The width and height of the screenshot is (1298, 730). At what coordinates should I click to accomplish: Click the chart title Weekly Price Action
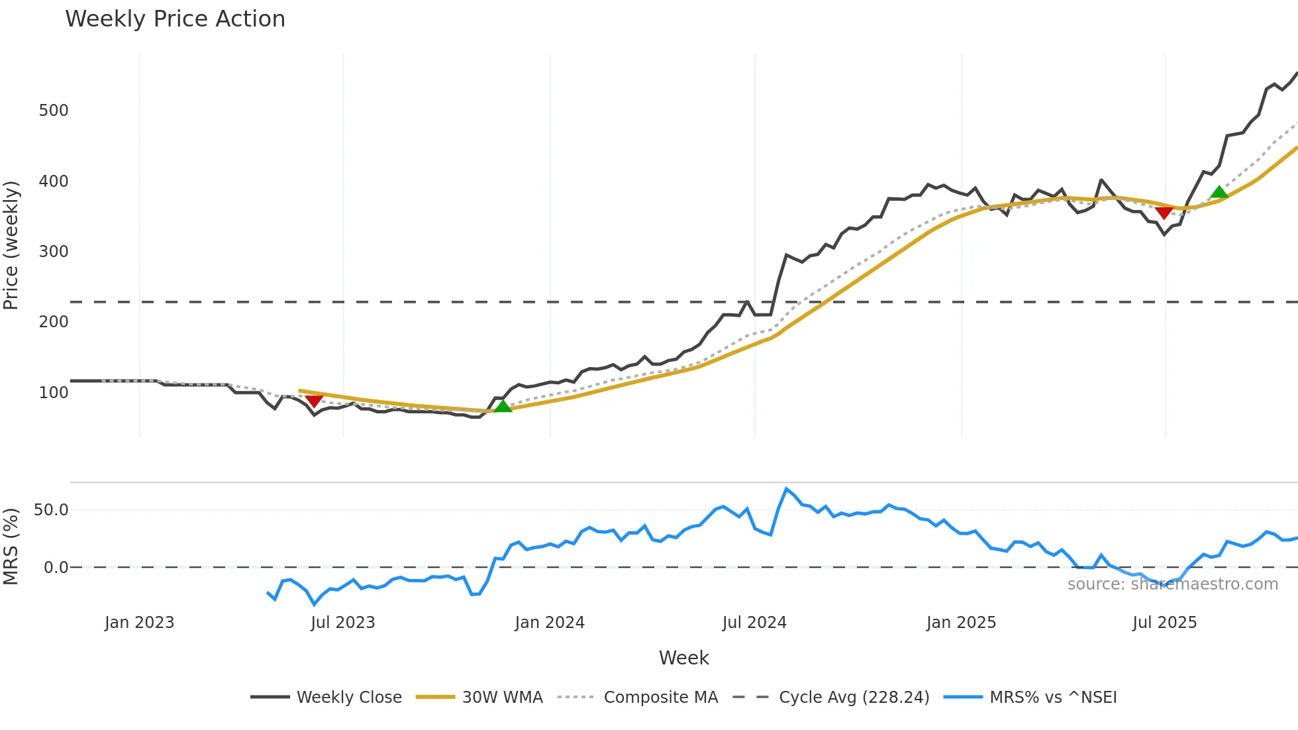point(175,19)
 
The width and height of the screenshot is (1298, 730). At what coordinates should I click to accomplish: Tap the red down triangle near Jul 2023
point(314,401)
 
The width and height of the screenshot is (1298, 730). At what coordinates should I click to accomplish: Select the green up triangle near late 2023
point(503,406)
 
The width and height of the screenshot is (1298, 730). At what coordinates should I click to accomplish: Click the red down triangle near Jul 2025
point(1164,212)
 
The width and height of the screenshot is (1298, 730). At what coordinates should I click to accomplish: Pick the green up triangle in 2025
point(1219,193)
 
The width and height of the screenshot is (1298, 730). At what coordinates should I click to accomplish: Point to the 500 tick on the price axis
point(54,111)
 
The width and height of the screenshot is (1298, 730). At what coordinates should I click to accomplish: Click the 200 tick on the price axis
point(54,322)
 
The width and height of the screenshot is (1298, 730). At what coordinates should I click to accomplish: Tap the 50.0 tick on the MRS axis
point(51,510)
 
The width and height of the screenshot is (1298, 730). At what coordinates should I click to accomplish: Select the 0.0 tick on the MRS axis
point(56,568)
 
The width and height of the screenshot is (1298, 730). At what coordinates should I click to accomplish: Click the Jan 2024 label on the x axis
point(550,623)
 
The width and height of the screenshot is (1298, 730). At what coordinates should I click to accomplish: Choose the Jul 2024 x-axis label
point(754,623)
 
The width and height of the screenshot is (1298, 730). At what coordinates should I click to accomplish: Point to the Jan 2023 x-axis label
point(139,623)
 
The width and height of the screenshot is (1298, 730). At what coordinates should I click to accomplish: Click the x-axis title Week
point(683,658)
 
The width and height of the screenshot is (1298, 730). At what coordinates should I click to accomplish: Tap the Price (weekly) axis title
point(11,245)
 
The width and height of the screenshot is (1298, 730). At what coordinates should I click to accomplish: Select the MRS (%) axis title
point(11,547)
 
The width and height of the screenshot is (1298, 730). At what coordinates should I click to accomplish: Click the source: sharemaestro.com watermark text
point(1172,584)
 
